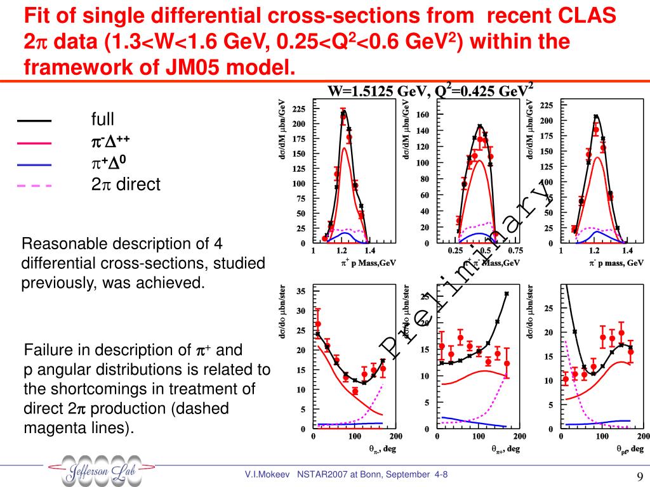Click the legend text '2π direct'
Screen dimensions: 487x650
tap(126, 185)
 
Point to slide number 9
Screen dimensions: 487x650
tap(640, 477)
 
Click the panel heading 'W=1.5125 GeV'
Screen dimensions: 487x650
tap(377, 91)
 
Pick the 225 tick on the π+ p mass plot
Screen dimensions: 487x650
tap(299, 109)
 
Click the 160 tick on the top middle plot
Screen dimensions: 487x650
tap(423, 115)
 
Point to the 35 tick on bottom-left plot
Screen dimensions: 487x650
tap(302, 291)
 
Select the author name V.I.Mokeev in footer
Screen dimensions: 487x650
tap(267, 474)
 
